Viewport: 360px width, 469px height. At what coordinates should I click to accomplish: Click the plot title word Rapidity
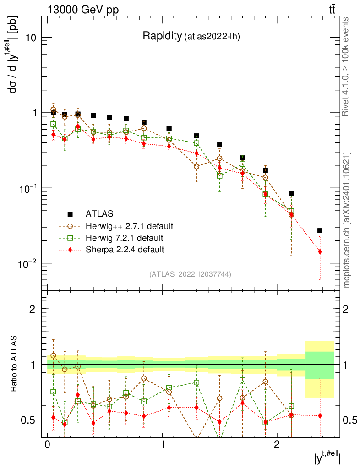coord(162,36)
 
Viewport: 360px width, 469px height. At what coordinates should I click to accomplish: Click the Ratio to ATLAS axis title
coord(15,364)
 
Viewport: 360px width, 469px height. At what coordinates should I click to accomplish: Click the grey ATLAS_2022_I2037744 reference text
coord(190,274)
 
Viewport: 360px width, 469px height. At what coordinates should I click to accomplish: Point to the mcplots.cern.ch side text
coord(347,220)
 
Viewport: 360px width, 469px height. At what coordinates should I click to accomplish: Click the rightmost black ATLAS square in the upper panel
coord(320,230)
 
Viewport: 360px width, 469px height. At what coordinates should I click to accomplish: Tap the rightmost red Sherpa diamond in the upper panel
coord(320,251)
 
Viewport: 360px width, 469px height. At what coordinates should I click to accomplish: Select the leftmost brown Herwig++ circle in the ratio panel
coord(53,355)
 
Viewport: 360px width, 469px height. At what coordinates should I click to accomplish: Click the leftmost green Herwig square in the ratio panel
coord(53,392)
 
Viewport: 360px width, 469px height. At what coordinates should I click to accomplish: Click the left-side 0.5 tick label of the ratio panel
coord(31,420)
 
